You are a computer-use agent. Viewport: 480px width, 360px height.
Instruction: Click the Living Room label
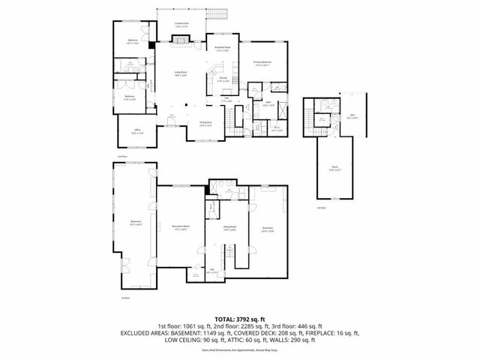[x=181, y=74]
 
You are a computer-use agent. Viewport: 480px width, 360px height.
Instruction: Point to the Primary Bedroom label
[x=260, y=63]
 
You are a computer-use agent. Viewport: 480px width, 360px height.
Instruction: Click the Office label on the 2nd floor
[x=137, y=132]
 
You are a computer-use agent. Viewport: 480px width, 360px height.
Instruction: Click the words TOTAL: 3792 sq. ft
[x=240, y=319]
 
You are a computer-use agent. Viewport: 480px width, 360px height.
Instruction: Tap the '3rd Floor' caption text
[x=321, y=207]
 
